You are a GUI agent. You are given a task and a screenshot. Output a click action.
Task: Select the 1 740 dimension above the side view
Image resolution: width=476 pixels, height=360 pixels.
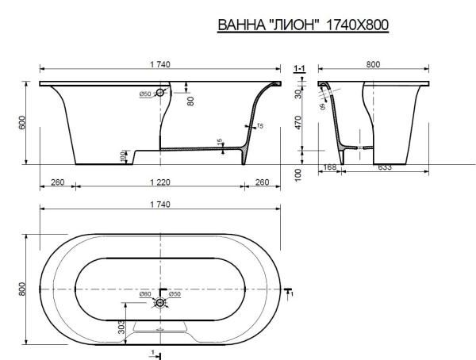(x=159, y=64)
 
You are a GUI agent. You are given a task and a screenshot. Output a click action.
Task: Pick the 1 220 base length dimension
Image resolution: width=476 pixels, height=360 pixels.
(x=159, y=182)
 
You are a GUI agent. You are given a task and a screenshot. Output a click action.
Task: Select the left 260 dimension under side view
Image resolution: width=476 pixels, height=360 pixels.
(x=57, y=182)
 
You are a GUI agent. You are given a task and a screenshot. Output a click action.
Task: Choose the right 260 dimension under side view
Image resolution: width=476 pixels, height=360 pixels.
(x=262, y=182)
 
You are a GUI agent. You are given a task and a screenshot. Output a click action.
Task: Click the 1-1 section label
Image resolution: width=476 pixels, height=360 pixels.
(x=300, y=70)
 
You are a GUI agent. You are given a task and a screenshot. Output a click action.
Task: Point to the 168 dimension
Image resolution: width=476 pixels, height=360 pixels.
(x=331, y=167)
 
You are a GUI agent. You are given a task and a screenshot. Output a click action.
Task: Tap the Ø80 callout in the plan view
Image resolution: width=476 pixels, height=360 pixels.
(x=145, y=295)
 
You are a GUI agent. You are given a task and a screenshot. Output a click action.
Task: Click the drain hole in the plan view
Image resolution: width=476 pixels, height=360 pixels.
(x=160, y=302)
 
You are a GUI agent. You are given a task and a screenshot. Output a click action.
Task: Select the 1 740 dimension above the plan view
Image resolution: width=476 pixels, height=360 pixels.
(x=159, y=204)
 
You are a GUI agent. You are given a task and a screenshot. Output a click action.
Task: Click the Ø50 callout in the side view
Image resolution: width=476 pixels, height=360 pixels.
(x=145, y=94)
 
